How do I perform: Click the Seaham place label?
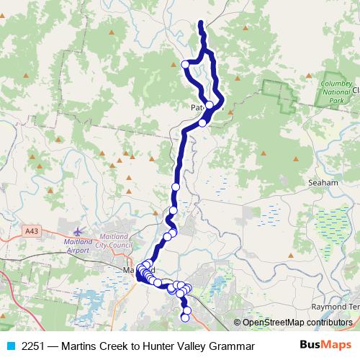click(323, 183)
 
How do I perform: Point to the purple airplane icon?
click(78, 232)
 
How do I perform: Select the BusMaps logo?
click(325, 345)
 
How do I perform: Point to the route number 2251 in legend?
click(33, 346)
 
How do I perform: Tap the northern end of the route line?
click(199, 24)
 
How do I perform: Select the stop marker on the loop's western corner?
click(185, 65)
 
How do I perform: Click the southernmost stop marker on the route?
click(185, 318)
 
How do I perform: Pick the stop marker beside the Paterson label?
click(210, 106)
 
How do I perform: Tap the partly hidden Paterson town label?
click(199, 107)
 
